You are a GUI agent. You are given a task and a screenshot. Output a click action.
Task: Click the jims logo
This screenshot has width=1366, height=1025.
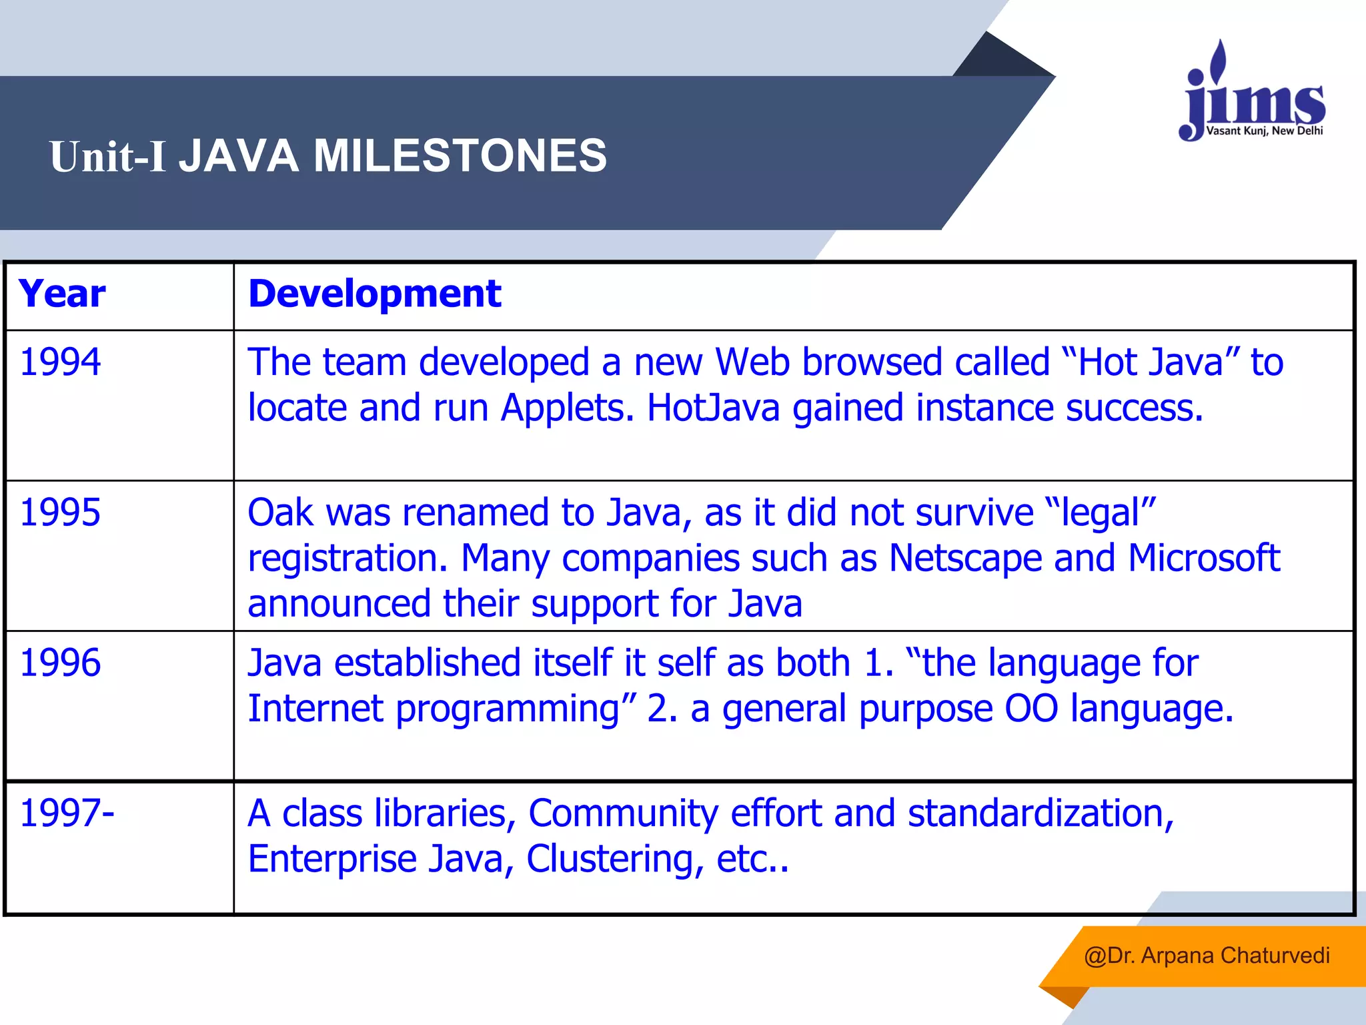tap(1253, 93)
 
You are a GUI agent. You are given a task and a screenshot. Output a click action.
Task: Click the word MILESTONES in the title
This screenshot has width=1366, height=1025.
tap(460, 156)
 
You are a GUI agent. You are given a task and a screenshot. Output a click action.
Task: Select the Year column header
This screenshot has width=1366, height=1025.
tap(62, 294)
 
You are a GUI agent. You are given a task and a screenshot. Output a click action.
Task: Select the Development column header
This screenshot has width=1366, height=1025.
tap(374, 294)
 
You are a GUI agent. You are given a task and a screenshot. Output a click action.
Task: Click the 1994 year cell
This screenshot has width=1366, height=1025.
tap(60, 362)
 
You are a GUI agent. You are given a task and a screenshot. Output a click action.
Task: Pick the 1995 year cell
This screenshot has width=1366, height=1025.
tap(60, 512)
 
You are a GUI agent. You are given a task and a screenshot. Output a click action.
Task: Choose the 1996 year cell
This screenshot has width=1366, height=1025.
tap(60, 663)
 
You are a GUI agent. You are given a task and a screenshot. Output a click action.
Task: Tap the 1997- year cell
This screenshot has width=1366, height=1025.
tap(67, 813)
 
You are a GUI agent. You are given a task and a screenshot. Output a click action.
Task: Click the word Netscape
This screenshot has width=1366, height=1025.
tap(965, 558)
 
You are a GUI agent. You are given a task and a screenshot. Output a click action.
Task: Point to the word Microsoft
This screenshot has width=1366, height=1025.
tap(1203, 558)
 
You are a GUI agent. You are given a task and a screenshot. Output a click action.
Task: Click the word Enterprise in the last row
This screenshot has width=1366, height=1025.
tap(331, 859)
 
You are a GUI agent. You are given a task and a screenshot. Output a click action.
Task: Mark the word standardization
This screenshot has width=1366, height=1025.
tap(1040, 813)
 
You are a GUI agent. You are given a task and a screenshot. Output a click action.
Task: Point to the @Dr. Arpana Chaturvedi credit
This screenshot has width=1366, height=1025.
tap(1207, 956)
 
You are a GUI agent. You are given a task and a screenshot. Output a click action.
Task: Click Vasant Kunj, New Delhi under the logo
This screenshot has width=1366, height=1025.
tap(1264, 131)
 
